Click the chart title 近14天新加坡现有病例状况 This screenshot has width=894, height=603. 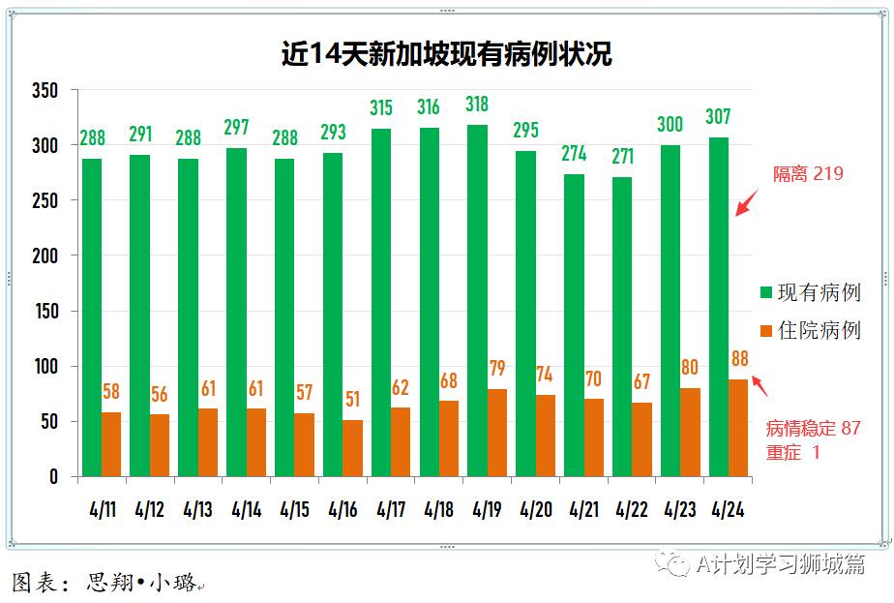click(x=446, y=52)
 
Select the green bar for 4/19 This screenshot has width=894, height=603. click(x=477, y=300)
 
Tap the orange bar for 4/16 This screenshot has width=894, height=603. click(x=352, y=447)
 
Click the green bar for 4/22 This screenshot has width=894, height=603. click(x=622, y=326)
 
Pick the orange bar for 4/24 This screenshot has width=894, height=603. click(x=738, y=427)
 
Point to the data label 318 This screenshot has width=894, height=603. click(x=477, y=105)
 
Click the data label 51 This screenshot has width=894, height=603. click(x=352, y=400)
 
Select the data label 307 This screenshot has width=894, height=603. click(x=719, y=117)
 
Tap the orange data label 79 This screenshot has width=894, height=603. click(x=497, y=369)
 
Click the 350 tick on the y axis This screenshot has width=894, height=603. click(x=45, y=91)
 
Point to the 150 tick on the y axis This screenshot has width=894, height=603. click(x=45, y=312)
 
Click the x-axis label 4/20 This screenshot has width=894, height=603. click(x=536, y=509)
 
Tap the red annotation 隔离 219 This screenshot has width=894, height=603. click(x=808, y=174)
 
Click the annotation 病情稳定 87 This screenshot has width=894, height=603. click(x=813, y=428)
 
